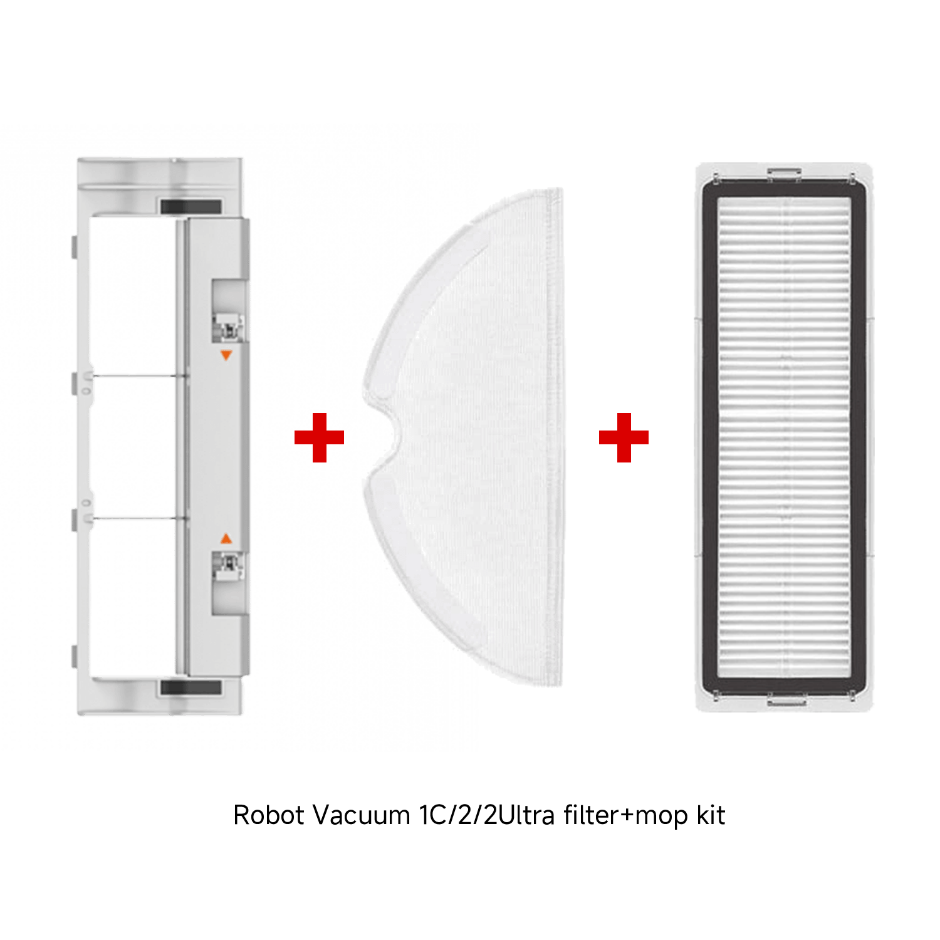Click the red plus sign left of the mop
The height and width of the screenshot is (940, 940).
[x=319, y=437]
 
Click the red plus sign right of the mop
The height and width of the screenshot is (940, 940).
[x=624, y=437]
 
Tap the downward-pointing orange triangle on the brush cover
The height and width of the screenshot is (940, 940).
[x=226, y=355]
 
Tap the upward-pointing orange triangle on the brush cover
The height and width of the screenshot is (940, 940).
[x=226, y=538]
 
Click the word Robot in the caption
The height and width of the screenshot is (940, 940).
[x=269, y=815]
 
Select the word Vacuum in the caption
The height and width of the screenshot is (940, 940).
[x=361, y=815]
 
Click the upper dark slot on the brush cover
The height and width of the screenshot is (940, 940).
[x=191, y=207]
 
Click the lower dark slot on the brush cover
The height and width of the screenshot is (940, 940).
[x=191, y=687]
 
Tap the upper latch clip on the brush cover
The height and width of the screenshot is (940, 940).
[x=228, y=326]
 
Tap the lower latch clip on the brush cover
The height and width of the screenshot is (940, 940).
[x=228, y=567]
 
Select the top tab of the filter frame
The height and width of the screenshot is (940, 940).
[x=784, y=173]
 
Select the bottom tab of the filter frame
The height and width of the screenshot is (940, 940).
[x=786, y=699]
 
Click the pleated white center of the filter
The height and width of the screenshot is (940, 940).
[x=784, y=437]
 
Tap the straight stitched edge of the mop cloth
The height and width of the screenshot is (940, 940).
[x=554, y=437]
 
